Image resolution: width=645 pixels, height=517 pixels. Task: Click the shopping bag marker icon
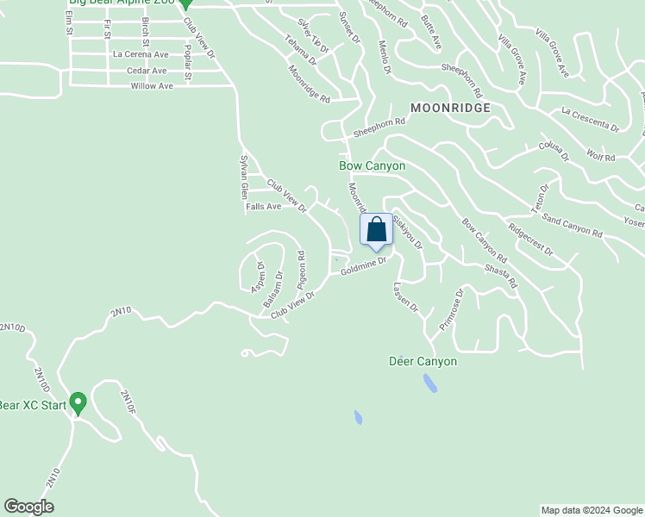(x=376, y=231)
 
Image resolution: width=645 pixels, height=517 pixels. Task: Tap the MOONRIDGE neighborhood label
(x=450, y=108)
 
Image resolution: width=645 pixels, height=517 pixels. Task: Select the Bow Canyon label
(x=372, y=165)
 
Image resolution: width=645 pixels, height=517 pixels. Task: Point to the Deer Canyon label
(x=423, y=362)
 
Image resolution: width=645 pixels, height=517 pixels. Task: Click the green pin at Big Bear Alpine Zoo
(x=184, y=4)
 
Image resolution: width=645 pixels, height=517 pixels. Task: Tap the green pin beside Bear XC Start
(x=78, y=402)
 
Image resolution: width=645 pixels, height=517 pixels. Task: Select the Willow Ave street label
(x=152, y=86)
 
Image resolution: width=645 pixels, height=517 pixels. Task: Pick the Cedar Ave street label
(x=146, y=71)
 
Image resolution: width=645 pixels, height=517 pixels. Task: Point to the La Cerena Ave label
(x=140, y=53)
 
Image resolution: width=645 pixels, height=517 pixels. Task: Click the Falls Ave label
(x=264, y=207)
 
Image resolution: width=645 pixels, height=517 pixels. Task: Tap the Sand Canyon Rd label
(x=572, y=227)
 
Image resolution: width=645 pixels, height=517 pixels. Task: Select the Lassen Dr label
(x=405, y=296)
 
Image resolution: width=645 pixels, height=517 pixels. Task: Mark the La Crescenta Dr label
(x=590, y=120)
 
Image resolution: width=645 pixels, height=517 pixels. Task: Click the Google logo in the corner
(x=28, y=507)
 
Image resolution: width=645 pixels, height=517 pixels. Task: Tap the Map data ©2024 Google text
(x=592, y=510)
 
